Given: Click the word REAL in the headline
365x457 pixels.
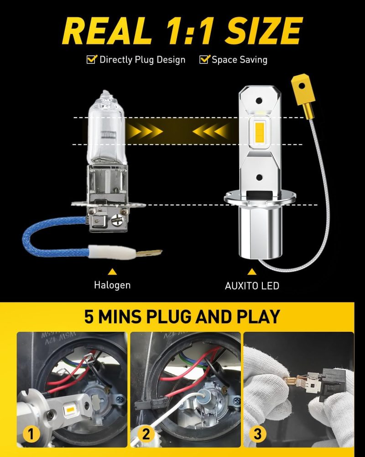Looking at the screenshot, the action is coord(107,31).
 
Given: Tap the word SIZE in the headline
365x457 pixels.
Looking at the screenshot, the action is coord(264,31).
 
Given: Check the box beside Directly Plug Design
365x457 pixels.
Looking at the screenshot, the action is coord(92,59).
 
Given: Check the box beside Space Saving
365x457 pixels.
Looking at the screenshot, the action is coord(204,59).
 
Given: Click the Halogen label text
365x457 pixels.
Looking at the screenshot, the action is coord(112,285).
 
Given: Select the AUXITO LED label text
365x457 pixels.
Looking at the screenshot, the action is coord(252,286).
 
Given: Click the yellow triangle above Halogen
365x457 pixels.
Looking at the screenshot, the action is coord(112,272).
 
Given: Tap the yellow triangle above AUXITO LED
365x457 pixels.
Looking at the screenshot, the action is coord(252,272).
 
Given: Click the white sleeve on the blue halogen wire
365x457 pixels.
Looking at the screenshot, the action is coord(113,252).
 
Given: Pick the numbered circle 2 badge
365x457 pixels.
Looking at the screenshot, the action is coord(146,434).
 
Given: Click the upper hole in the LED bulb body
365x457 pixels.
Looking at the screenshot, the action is coord(259,101).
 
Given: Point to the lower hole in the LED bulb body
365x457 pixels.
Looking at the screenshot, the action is coord(259,177).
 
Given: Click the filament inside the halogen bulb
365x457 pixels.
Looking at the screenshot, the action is coord(107,136).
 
